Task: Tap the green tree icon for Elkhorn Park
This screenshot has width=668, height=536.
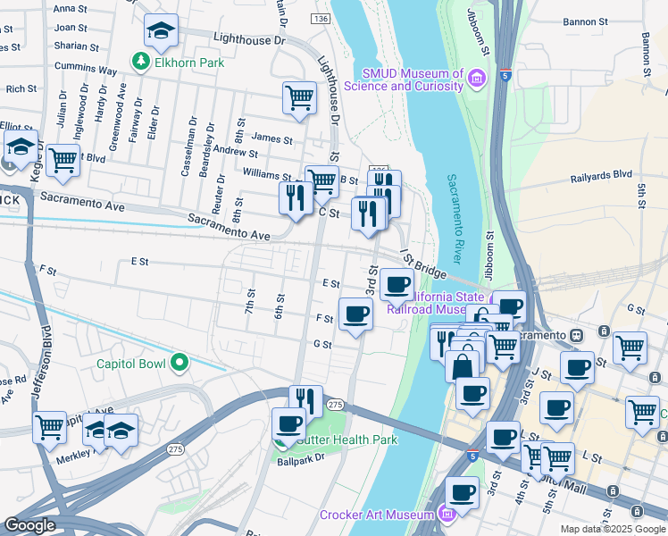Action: [x=139, y=62]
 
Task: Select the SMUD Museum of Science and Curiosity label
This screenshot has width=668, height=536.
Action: [x=413, y=80]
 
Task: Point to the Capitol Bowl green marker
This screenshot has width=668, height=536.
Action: [x=179, y=363]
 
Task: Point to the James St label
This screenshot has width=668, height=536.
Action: [x=272, y=139]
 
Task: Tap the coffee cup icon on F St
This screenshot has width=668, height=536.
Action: [x=355, y=314]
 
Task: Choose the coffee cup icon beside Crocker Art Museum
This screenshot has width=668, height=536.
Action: [x=462, y=492]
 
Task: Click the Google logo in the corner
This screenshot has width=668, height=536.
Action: [x=30, y=525]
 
